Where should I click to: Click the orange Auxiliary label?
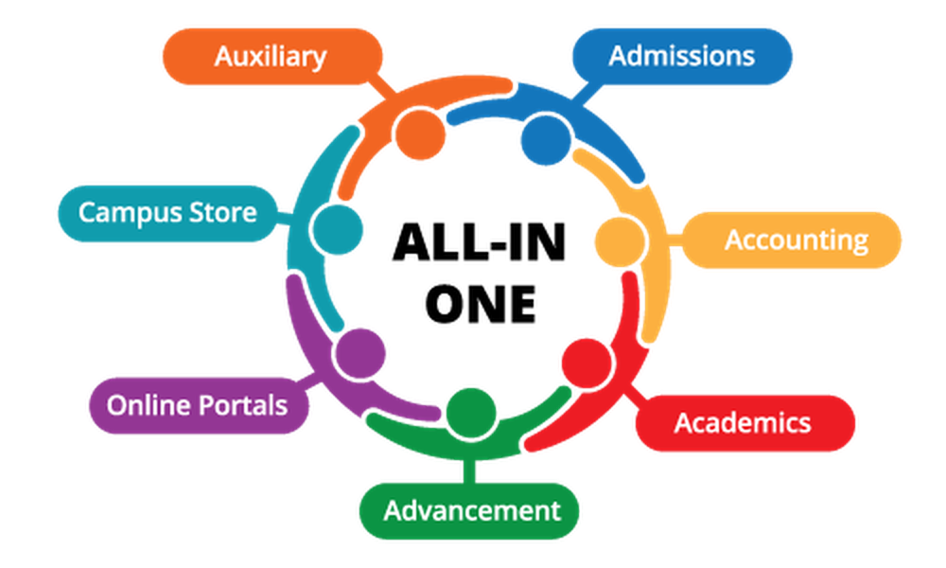tap(270, 57)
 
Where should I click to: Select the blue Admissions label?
tap(681, 56)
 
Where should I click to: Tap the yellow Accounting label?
tap(796, 240)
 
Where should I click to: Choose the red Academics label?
tap(743, 422)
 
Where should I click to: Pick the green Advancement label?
tap(471, 511)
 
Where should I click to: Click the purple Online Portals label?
tap(197, 406)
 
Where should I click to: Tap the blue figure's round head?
tap(545, 141)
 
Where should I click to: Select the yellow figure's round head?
tap(621, 241)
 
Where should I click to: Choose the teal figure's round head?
tap(338, 228)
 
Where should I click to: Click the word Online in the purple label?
tap(142, 406)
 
